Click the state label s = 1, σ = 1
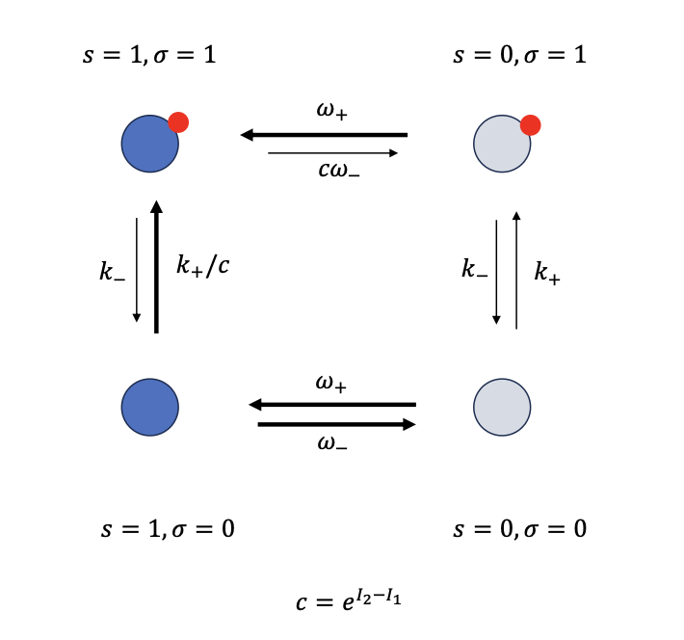pyautogui.click(x=148, y=54)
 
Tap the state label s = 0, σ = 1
pyautogui.click(x=520, y=54)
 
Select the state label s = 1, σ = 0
pyautogui.click(x=168, y=528)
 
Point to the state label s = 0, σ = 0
pyautogui.click(x=520, y=528)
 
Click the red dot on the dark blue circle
pyautogui.click(x=177, y=122)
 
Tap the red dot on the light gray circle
pyautogui.click(x=530, y=124)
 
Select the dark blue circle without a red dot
pyautogui.click(x=149, y=407)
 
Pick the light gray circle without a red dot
pyautogui.click(x=502, y=407)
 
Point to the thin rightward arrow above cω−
pyautogui.click(x=332, y=153)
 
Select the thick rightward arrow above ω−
pyautogui.click(x=336, y=423)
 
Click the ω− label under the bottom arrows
pyautogui.click(x=332, y=443)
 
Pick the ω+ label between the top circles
pyautogui.click(x=332, y=113)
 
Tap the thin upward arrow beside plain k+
pyautogui.click(x=517, y=270)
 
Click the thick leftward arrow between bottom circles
pyautogui.click(x=332, y=405)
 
